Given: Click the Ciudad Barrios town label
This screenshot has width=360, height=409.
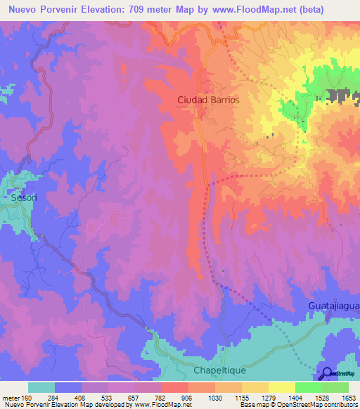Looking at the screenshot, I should [x=207, y=100].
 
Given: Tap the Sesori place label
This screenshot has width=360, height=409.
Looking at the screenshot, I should [x=23, y=198].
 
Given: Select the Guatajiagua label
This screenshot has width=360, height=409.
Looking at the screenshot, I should [x=333, y=306].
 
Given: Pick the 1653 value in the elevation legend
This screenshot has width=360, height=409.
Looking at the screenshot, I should [x=348, y=397].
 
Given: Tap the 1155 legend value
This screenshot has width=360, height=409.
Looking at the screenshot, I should [x=241, y=397].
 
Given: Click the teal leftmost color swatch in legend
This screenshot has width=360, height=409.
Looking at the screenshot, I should [x=41, y=387].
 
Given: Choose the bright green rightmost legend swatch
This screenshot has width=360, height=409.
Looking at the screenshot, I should [x=335, y=387].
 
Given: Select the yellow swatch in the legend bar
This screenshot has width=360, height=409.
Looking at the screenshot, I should [x=282, y=387].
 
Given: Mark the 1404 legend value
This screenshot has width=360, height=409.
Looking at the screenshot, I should [x=295, y=397].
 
